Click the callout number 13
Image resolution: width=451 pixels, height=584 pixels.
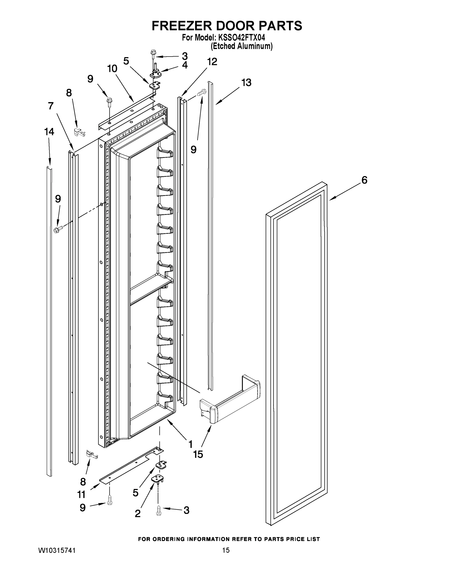tap(246, 83)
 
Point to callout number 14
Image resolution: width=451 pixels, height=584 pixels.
tap(49, 132)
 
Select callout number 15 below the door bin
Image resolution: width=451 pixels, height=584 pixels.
tap(198, 454)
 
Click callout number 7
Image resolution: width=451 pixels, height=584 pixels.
tap(51, 106)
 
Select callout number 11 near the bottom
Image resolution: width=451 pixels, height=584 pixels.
tap(81, 494)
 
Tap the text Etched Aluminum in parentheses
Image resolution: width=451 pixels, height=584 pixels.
tap(241, 46)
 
